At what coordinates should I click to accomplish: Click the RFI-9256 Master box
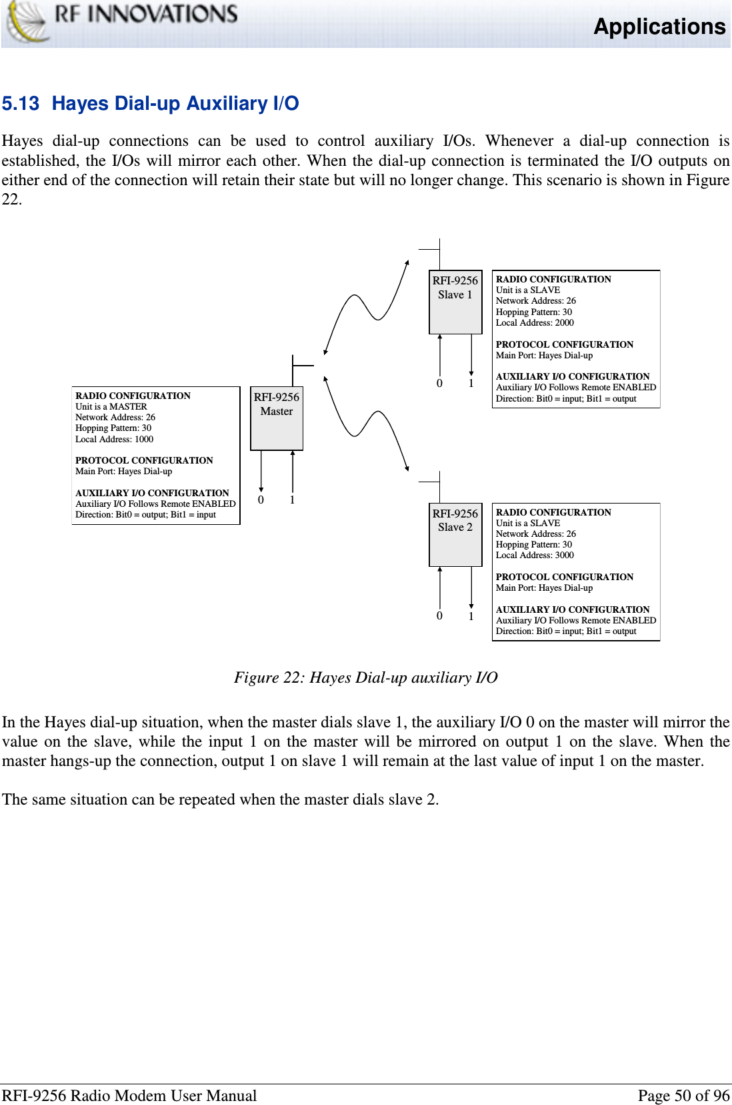pyautogui.click(x=277, y=418)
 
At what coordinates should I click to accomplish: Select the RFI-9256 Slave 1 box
pyautogui.click(x=455, y=302)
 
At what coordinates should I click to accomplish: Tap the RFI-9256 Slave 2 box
pyautogui.click(x=455, y=534)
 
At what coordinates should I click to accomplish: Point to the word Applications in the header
pyautogui.click(x=659, y=27)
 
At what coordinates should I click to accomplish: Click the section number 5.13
pyautogui.click(x=21, y=104)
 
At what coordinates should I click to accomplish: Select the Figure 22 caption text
pyautogui.click(x=365, y=677)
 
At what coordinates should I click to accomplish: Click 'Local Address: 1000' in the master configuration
pyautogui.click(x=115, y=440)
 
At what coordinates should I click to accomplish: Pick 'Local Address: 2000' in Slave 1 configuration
pyautogui.click(x=535, y=323)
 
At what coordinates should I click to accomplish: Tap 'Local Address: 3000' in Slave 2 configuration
pyautogui.click(x=535, y=555)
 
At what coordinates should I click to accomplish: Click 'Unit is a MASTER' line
pyautogui.click(x=111, y=407)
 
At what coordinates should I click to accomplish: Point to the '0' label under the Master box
pyautogui.click(x=261, y=500)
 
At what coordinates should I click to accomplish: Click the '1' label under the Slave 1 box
pyautogui.click(x=471, y=384)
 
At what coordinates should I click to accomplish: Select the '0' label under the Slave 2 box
pyautogui.click(x=439, y=616)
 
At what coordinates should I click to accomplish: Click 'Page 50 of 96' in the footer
pyautogui.click(x=683, y=1096)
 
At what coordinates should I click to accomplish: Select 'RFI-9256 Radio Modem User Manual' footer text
pyautogui.click(x=129, y=1096)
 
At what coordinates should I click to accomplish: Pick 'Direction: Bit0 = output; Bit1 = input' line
pyautogui.click(x=145, y=515)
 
